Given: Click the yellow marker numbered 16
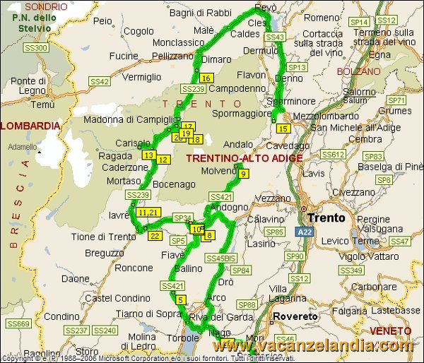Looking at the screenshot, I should pyautogui.click(x=206, y=78).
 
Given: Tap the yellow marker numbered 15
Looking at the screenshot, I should pyautogui.click(x=283, y=129).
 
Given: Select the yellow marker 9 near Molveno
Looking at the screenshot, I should pyautogui.click(x=243, y=174).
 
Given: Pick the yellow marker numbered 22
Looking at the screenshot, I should pyautogui.click(x=155, y=235).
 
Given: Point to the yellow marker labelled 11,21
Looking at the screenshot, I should pyautogui.click(x=149, y=212).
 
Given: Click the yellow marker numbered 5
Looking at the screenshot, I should pyautogui.click(x=181, y=300).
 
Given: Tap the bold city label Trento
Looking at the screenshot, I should pyautogui.click(x=326, y=218).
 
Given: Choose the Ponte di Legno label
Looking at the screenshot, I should pyautogui.click(x=28, y=85).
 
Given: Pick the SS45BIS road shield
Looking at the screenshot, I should pyautogui.click(x=220, y=259).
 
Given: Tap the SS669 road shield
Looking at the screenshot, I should pyautogui.click(x=19, y=323).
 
